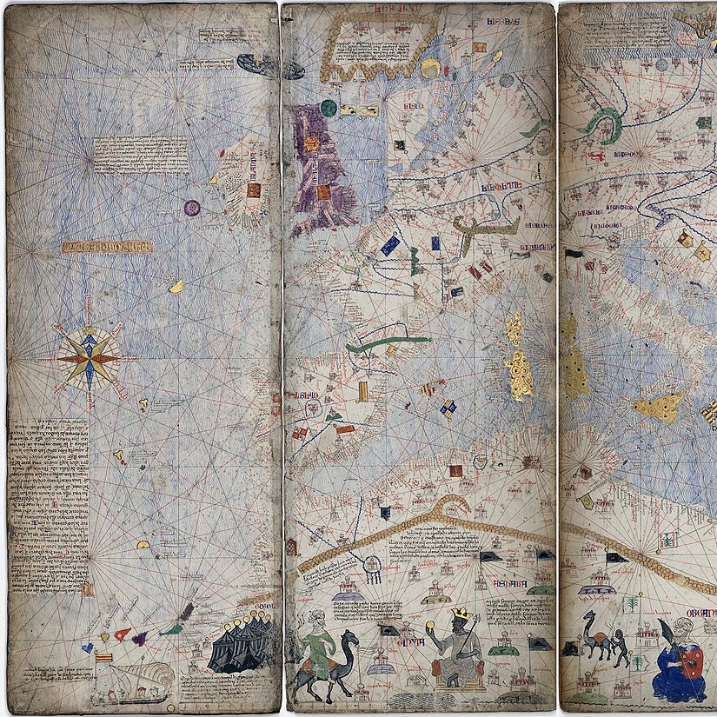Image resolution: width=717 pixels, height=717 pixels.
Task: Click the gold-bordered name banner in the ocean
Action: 107,247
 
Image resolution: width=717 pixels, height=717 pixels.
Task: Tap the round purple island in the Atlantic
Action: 192,207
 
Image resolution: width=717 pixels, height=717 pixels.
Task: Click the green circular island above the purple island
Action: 329,108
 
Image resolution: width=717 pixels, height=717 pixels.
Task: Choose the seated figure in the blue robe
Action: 679,664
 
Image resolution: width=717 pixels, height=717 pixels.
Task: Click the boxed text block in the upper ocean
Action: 140,154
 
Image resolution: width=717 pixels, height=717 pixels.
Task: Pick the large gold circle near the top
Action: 430,69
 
